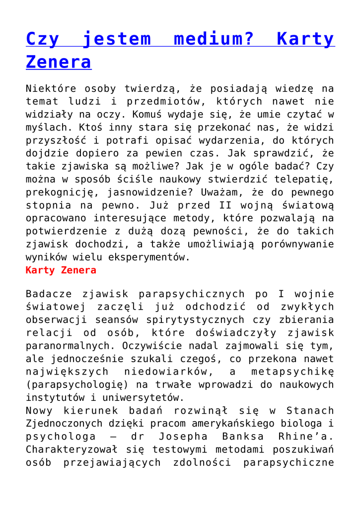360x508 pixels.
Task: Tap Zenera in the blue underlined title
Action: pyautogui.click(x=58, y=62)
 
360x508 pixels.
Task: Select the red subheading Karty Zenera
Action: pyautogui.click(x=61, y=271)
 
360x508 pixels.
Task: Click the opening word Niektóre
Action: pyautogui.click(x=51, y=89)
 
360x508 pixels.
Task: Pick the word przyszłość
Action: pyautogui.click(x=55, y=141)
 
